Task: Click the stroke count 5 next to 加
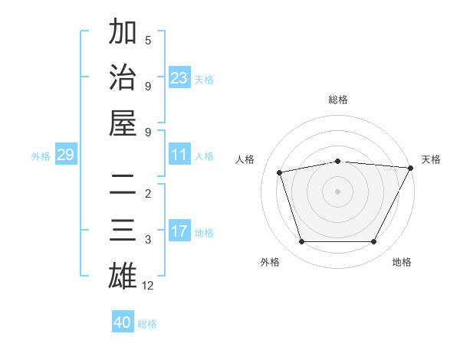[148, 41]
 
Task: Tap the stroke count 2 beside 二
[148, 194]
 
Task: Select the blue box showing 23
[179, 78]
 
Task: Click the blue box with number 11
[179, 155]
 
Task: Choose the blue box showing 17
[179, 232]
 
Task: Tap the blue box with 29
[65, 155]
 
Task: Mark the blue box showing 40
[123, 322]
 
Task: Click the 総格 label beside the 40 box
[147, 324]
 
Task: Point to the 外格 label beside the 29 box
[41, 156]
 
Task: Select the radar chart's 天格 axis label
[431, 159]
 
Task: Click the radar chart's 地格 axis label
[402, 262]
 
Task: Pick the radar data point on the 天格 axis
[410, 168]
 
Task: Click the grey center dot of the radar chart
[337, 191]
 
